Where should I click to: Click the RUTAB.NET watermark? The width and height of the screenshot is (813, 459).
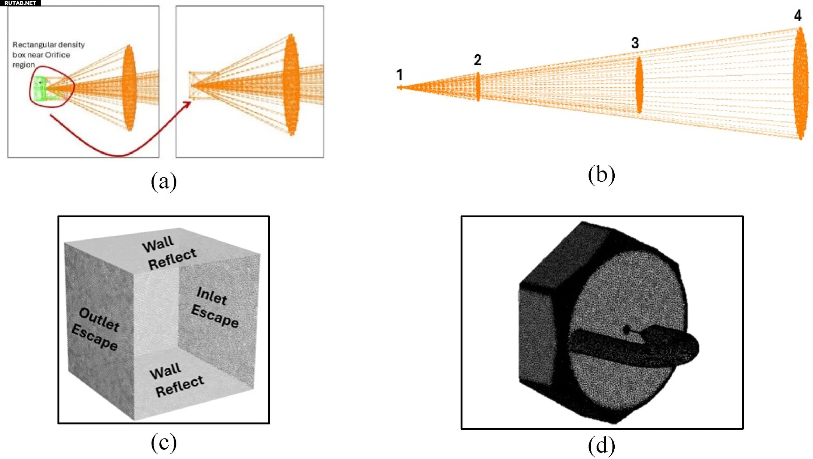click(20, 3)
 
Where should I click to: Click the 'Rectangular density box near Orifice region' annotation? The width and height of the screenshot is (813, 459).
click(49, 55)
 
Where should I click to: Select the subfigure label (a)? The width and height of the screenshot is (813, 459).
click(163, 181)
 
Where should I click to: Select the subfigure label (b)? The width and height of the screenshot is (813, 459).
click(601, 175)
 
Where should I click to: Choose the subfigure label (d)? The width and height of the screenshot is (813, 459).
click(601, 446)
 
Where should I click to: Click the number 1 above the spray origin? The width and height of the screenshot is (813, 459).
click(400, 75)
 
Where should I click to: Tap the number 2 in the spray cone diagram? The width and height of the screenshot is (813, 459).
click(477, 60)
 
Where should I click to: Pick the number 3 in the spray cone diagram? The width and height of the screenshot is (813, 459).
click(635, 43)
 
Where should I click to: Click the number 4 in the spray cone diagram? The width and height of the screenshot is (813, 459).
click(798, 15)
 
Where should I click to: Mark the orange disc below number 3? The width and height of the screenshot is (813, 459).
click(639, 85)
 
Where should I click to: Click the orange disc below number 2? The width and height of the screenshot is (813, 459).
click(478, 87)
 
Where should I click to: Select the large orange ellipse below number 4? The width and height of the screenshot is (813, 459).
click(800, 84)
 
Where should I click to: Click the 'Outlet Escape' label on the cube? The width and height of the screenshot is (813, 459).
click(96, 329)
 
